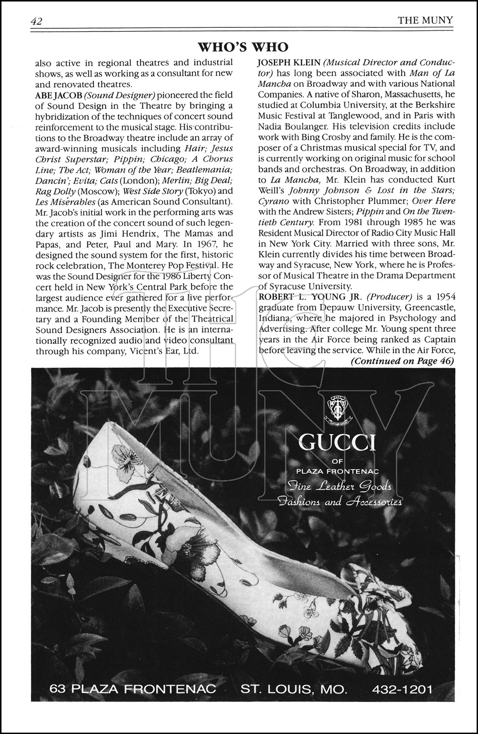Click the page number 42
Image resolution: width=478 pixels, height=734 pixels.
pos(37,21)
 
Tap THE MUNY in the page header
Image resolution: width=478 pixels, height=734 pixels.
pos(425,20)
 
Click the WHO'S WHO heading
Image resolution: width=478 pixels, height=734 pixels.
pos(243,47)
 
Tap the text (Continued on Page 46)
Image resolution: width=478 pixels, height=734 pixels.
pos(402,361)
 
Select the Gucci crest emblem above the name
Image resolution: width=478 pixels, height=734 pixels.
pos(337,407)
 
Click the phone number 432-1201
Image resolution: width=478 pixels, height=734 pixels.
pos(402,689)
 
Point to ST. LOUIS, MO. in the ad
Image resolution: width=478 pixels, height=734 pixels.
pos(294,689)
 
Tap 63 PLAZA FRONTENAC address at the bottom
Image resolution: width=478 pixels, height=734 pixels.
pos(133,689)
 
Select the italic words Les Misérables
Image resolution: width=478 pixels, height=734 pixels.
pos(65,202)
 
